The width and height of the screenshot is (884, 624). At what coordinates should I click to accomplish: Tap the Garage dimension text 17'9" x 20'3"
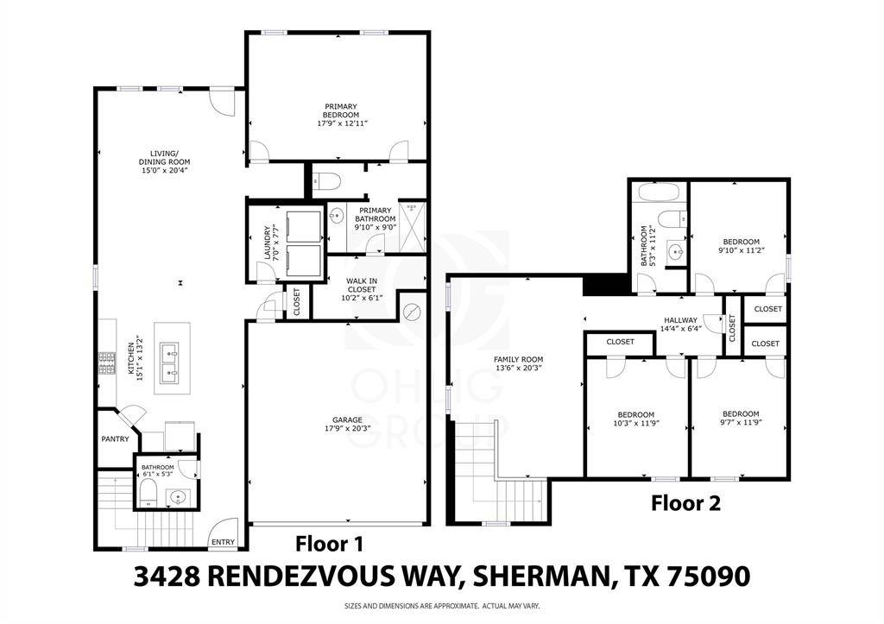339,426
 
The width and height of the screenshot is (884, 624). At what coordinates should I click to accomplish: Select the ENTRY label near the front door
223,542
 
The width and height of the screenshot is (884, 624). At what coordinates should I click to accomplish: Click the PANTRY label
115,439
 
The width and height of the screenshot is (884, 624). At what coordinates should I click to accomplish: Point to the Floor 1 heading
330,544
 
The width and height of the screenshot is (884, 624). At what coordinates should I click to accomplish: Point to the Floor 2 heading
685,502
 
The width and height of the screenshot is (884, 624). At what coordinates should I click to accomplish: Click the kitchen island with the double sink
173,358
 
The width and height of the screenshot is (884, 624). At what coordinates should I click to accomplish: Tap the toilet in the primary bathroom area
327,181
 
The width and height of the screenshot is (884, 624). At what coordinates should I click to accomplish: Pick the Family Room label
518,363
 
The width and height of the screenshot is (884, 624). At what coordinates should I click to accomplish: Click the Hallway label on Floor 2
680,325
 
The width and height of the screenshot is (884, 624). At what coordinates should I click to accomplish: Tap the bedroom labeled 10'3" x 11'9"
635,419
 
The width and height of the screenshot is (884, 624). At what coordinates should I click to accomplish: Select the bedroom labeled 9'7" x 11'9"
741,418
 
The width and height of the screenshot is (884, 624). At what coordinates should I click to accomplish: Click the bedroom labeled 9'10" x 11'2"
741,246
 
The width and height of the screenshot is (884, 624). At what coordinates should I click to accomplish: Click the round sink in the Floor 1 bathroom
178,496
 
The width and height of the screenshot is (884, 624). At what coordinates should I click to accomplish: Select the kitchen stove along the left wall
108,362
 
